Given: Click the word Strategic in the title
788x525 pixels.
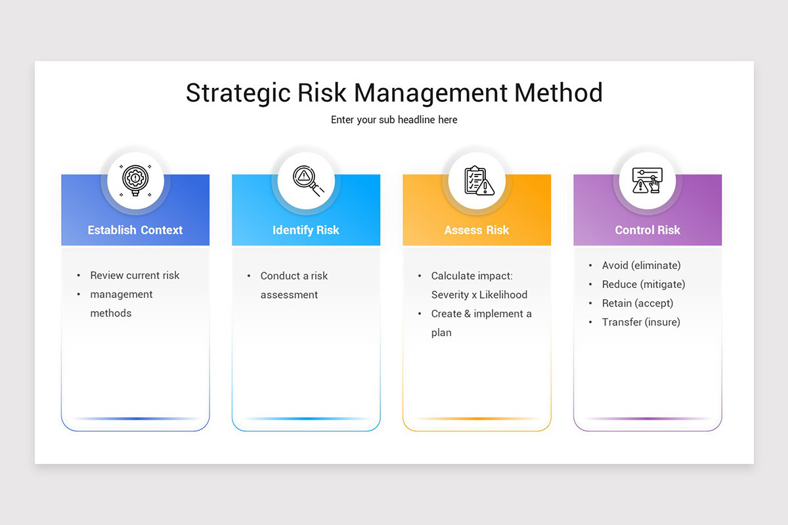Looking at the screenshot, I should [238, 93].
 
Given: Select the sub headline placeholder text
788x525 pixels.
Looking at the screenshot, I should [394, 120].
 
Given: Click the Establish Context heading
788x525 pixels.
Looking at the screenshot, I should [135, 230].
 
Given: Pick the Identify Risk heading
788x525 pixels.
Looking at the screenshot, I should [306, 230].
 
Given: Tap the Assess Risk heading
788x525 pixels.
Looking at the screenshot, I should [477, 230].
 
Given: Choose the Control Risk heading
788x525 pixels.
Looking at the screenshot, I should [647, 230].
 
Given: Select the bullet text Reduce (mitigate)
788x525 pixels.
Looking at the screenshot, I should [644, 285].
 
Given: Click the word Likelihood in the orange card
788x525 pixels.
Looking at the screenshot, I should [503, 295].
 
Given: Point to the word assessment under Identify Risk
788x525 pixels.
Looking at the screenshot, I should [289, 295].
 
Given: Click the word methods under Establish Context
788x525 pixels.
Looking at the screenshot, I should [111, 313].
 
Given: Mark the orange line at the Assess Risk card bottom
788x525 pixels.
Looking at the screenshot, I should [477, 419].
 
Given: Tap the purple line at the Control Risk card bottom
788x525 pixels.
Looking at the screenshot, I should [647, 419].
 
